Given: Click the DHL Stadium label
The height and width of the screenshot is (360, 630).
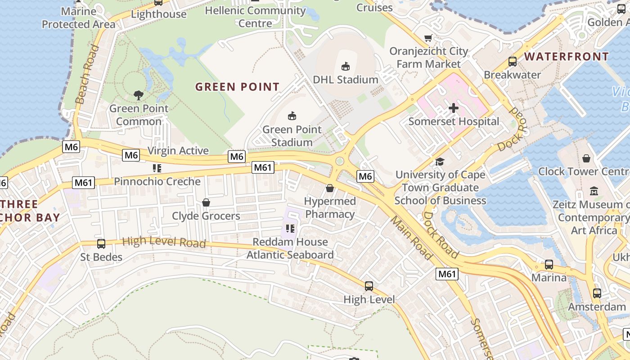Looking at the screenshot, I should [345, 80].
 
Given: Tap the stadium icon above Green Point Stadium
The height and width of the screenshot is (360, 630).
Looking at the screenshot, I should [292, 116].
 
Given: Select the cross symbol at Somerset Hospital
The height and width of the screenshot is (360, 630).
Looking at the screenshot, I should [453, 108].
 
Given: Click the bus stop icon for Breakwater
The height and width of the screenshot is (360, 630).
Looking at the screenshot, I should [512, 62].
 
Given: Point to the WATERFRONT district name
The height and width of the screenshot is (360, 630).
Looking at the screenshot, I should [567, 57].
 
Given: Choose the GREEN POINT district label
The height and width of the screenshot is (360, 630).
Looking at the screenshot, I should [237, 87].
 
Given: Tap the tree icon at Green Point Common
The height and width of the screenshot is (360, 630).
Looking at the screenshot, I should [139, 95].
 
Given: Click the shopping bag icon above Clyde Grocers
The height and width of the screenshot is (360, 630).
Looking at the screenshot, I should [206, 203].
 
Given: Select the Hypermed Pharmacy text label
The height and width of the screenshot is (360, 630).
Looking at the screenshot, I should [330, 207].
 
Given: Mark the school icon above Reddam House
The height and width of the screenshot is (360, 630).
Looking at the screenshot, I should [290, 229].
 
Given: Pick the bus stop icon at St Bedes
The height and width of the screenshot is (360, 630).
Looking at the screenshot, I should [101, 244].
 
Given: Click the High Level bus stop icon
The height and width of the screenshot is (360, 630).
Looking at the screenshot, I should [369, 286].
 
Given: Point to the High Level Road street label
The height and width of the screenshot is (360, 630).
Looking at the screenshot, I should [164, 242].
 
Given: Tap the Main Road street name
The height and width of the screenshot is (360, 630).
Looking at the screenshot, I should [411, 238].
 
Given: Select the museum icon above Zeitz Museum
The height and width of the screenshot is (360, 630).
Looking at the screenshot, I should [594, 191].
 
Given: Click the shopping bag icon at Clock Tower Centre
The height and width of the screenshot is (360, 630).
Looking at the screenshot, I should [586, 158].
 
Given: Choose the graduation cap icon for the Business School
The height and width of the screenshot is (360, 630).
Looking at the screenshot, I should [440, 162].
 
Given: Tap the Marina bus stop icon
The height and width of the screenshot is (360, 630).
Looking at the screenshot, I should [549, 265].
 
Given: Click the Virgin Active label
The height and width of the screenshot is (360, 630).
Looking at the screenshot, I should [178, 151].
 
